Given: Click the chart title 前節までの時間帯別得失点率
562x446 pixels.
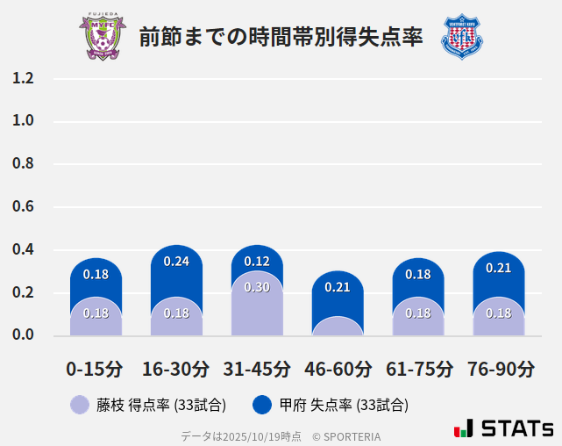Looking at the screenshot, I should (x=281, y=37).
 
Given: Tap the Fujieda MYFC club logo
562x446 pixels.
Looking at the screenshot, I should (x=103, y=37).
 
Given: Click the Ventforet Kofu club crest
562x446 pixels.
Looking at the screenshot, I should (x=461, y=37).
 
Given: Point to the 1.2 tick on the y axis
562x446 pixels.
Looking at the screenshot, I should (x=23, y=78).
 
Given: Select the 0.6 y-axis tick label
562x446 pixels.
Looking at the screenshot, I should (x=23, y=206).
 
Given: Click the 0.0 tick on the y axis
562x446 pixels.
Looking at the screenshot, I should (x=23, y=334).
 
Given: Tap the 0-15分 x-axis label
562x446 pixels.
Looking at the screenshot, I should (x=96, y=368).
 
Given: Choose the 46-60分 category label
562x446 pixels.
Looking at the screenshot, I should (x=338, y=368).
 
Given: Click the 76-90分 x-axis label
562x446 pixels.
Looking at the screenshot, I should (x=499, y=368).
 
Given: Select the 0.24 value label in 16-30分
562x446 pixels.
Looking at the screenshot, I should (x=176, y=262).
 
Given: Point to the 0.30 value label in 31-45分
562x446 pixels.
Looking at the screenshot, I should (x=257, y=287).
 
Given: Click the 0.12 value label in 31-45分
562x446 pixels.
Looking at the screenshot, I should (x=257, y=262).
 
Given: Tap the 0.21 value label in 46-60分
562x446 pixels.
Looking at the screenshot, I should (x=338, y=287).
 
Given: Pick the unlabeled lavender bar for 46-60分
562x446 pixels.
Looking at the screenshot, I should (x=338, y=327).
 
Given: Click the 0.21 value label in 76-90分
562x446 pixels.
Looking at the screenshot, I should (x=499, y=268).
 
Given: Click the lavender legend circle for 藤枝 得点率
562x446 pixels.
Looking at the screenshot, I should (x=80, y=405).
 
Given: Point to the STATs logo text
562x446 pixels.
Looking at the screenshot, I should (x=517, y=428).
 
